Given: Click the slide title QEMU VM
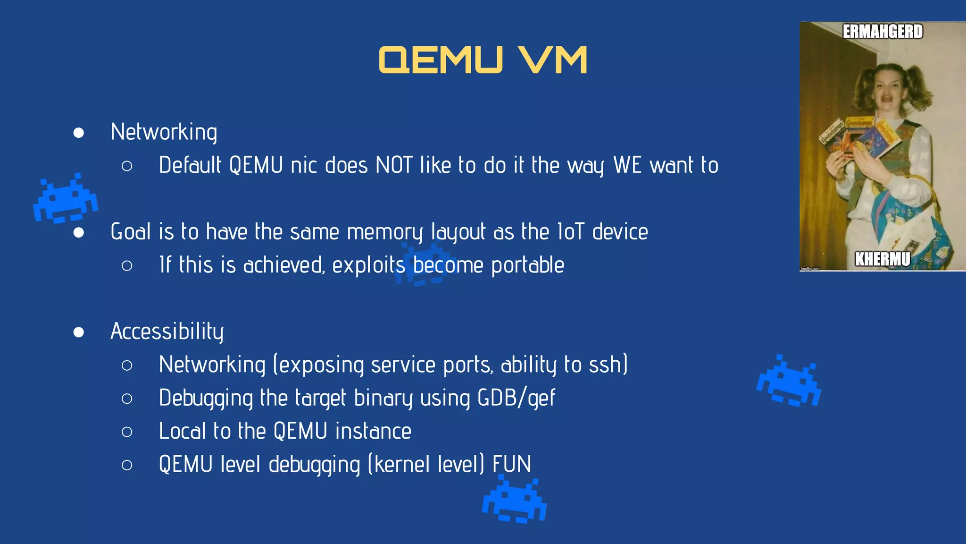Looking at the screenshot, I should [x=483, y=60].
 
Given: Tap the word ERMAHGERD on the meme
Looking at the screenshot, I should [x=883, y=32].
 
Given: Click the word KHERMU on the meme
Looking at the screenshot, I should [x=883, y=259].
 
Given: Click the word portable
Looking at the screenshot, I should [x=527, y=265].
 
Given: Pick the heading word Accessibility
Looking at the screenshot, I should [x=167, y=331].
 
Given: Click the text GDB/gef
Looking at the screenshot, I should [x=516, y=398].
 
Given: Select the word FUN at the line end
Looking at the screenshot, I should [x=512, y=464].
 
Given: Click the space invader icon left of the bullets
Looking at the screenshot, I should [x=66, y=198].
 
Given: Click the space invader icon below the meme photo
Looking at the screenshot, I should [x=789, y=381].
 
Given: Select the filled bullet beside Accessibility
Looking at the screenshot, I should [x=79, y=332].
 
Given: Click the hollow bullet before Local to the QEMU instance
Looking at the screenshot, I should [x=126, y=432].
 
